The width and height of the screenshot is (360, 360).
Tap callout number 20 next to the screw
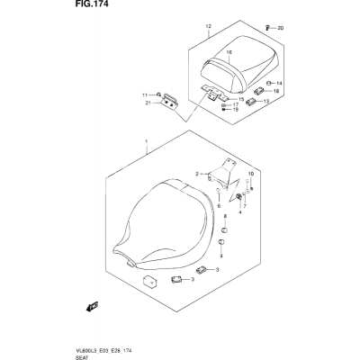point(281,29)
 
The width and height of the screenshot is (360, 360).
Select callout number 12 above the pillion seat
point(209,26)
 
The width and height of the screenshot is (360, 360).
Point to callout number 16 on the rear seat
point(229,52)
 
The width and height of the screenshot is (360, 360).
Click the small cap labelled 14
point(269,83)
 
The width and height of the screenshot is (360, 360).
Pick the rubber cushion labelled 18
point(259,90)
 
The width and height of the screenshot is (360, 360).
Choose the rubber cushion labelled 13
point(251,103)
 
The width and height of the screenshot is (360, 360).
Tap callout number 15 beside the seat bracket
point(241,99)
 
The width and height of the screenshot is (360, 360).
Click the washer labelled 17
point(224,105)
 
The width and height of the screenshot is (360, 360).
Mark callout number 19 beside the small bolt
point(236,110)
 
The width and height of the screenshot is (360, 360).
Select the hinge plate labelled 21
point(170,103)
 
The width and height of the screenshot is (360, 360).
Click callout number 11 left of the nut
point(145,95)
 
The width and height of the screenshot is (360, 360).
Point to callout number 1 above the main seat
point(147,141)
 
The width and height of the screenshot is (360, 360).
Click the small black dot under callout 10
point(252,188)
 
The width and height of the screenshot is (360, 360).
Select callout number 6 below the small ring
point(219,206)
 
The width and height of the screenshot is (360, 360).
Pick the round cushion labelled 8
point(225,230)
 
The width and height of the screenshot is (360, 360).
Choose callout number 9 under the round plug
point(221,256)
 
